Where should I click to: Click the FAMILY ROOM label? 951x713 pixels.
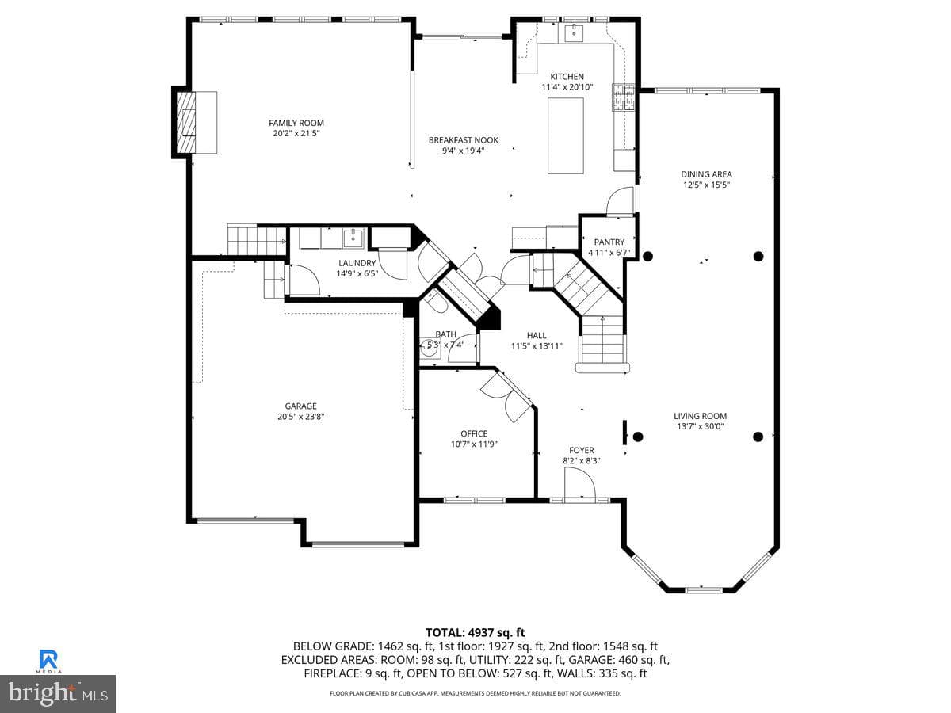tap(296, 123)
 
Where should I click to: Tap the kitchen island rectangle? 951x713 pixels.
tap(565, 135)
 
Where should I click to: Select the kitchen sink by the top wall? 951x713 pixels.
tap(574, 32)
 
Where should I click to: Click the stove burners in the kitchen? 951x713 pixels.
tap(623, 97)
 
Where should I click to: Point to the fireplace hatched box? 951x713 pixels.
tap(186, 122)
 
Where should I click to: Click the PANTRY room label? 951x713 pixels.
tap(609, 242)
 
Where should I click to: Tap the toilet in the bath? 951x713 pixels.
tap(435, 302)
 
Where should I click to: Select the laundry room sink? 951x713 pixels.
tap(353, 238)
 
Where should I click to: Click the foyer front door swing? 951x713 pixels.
tap(580, 484)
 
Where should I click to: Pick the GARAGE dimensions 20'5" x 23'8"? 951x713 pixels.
tap(300, 417)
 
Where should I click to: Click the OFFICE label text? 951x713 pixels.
tap(474, 433)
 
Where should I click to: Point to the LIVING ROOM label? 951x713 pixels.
tap(700, 416)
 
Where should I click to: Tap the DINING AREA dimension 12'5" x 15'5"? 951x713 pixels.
tap(707, 185)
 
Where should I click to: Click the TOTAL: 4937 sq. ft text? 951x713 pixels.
tap(475, 632)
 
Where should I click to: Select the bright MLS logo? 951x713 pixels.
tap(58, 694)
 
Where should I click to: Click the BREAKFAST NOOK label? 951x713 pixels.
tap(463, 140)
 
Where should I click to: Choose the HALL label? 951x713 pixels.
tap(537, 335)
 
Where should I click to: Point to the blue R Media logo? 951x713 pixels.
tap(49, 660)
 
